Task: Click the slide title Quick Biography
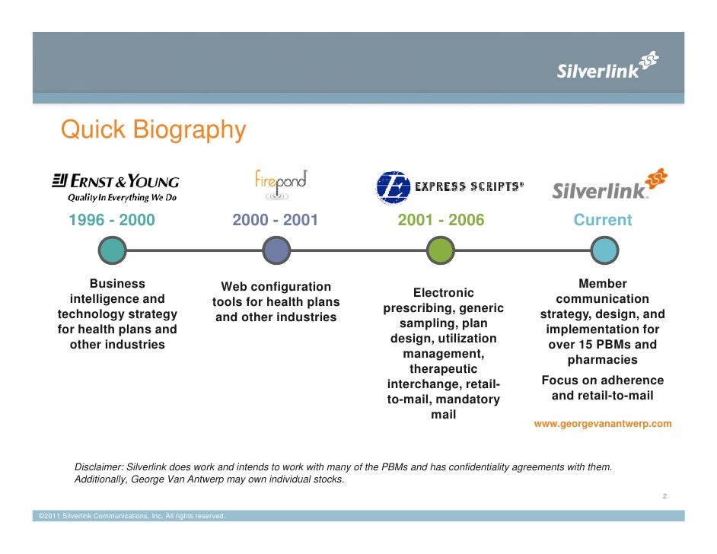(x=153, y=130)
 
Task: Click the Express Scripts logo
(x=449, y=187)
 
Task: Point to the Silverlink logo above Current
(x=609, y=186)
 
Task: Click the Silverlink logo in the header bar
(x=607, y=67)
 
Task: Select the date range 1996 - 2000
(x=112, y=221)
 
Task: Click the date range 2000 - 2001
(x=275, y=221)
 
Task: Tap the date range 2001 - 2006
(x=441, y=221)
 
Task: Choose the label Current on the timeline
(x=603, y=221)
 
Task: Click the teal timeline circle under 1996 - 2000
(x=112, y=250)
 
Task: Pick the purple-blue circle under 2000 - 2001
(x=275, y=250)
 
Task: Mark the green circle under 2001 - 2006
(x=441, y=250)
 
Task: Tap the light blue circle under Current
(x=604, y=250)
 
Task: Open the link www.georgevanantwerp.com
(x=603, y=424)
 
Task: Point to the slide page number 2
(x=664, y=496)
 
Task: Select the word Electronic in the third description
(x=443, y=293)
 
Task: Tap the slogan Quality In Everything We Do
(x=122, y=197)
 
